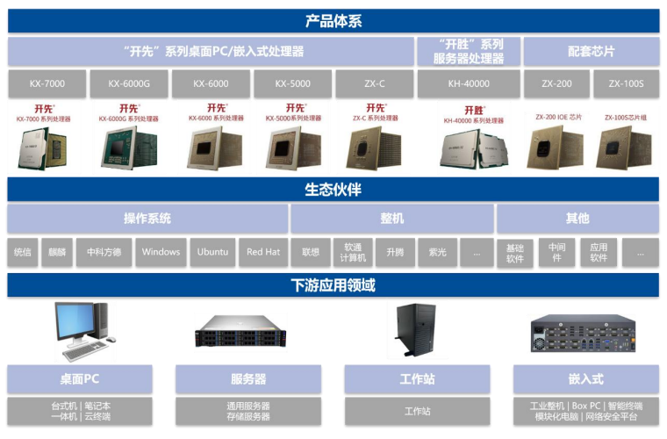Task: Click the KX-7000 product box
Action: click(47, 84)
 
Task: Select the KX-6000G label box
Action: click(129, 84)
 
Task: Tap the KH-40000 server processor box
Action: click(468, 84)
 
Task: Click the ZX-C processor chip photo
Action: click(375, 146)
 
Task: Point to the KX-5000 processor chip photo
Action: click(294, 146)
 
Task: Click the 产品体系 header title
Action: click(333, 21)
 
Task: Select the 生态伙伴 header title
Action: click(333, 190)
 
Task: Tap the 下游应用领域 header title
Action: click(333, 285)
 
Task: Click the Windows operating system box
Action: click(161, 252)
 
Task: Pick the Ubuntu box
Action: click(212, 252)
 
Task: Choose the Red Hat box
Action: click(262, 252)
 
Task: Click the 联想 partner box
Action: click(310, 252)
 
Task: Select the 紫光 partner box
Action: click(437, 252)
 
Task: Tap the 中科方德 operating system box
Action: click(104, 252)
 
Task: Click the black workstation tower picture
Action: click(415, 329)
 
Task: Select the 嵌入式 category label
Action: click(585, 378)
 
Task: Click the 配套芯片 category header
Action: click(589, 51)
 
